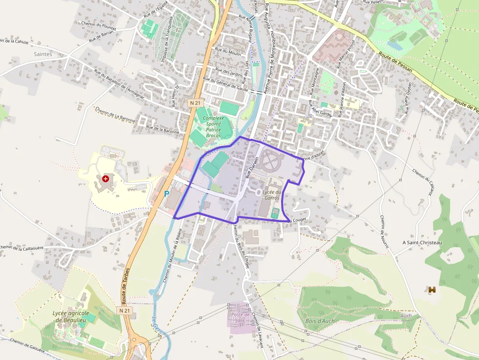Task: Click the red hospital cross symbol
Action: click(106, 179)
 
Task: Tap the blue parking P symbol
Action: click(167, 194)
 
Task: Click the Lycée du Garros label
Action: click(272, 195)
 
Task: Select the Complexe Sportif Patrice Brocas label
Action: click(213, 127)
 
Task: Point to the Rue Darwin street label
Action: click(252, 167)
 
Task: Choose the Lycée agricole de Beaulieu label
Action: click(71, 317)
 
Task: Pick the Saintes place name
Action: click(43, 54)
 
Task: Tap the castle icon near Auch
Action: click(432, 290)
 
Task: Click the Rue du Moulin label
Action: click(228, 51)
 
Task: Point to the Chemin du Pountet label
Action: click(100, 28)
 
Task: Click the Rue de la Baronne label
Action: click(163, 129)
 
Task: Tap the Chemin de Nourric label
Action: click(384, 232)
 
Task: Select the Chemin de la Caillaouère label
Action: click(22, 248)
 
